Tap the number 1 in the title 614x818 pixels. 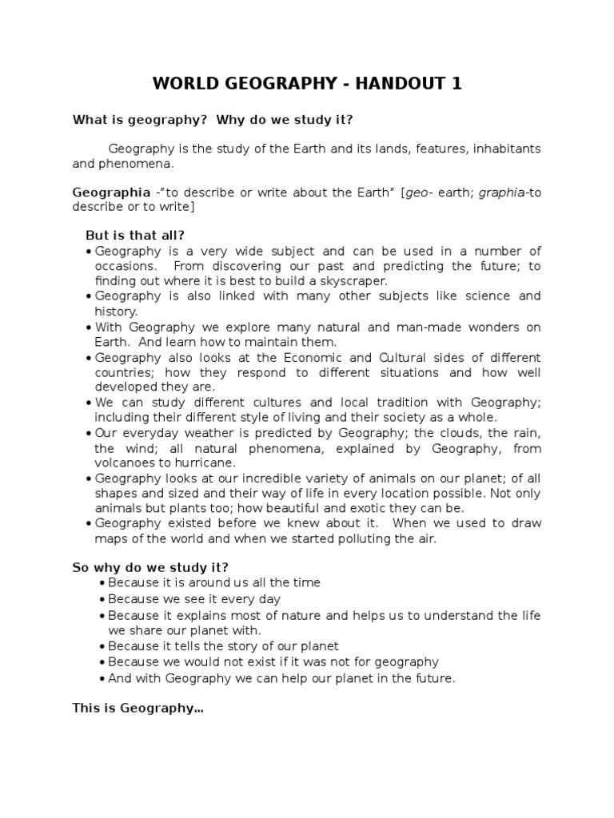tap(457, 83)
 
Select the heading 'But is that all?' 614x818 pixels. tap(135, 235)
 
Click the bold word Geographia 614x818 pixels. tap(111, 193)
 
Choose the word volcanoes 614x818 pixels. tap(123, 463)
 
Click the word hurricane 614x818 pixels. tap(208, 463)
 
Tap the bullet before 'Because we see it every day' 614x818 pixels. tap(102, 599)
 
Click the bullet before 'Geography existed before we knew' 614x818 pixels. tap(89, 523)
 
